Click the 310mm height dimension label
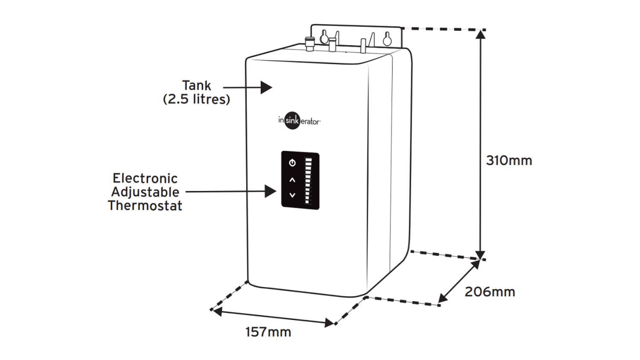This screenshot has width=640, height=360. (509, 161)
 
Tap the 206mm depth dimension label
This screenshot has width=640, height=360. (490, 292)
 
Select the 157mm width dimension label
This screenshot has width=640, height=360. (268, 332)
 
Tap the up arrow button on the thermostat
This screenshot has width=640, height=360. (292, 180)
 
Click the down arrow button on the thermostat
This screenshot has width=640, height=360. (292, 195)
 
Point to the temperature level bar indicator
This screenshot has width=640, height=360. (308, 181)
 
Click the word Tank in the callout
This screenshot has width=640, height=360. (196, 85)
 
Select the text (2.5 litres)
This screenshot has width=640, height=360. (196, 99)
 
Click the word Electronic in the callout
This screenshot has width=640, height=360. (145, 178)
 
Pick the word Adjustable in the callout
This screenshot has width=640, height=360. (145, 192)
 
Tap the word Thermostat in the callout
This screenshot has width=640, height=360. (145, 206)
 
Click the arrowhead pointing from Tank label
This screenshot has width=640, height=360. (267, 87)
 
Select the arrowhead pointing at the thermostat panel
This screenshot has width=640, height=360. (271, 192)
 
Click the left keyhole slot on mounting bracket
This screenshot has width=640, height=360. (324, 37)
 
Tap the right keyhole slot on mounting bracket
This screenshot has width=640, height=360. (387, 38)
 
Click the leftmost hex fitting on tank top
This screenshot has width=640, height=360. (310, 43)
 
